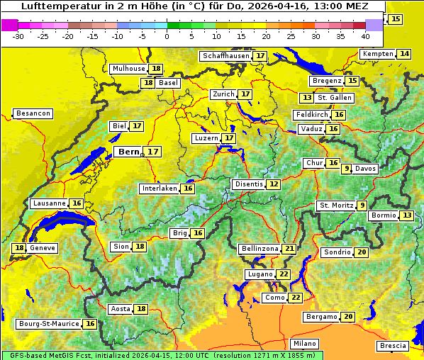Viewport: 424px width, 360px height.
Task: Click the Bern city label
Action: coord(128,152)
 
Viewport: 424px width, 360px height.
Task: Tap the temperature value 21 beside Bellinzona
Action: coord(289,249)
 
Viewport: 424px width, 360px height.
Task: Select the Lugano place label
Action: coord(259,274)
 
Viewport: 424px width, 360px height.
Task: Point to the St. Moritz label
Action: coord(336,206)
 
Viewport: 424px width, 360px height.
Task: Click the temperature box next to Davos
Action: coord(347,169)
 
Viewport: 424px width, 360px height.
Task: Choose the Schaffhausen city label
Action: coord(226,56)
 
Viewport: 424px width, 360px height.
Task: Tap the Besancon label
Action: coord(33,113)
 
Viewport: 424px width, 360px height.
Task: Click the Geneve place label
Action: coord(43,248)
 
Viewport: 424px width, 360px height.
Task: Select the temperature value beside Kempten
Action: coord(404,54)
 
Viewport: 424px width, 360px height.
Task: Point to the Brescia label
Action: coord(393,346)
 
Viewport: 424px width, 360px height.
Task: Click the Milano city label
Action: coord(305,343)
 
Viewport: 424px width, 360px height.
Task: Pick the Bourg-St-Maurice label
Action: coord(48,324)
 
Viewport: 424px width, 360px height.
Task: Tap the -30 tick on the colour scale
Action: coord(18,36)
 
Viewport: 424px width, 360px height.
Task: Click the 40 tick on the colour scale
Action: coord(365,36)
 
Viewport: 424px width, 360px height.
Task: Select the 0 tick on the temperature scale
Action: coord(167,36)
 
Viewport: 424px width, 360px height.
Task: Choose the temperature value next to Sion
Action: coord(140,247)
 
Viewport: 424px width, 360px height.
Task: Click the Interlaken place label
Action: coord(159,189)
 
